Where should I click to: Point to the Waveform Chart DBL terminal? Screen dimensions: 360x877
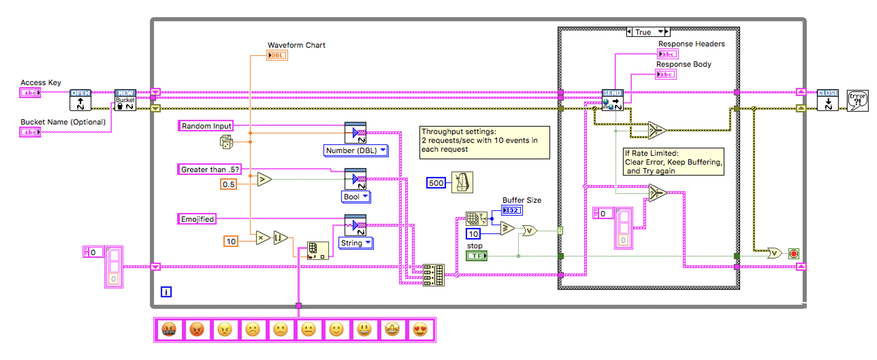point(277,55)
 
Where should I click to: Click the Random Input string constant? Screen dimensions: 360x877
point(205,125)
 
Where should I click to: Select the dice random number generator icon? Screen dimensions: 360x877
point(225,142)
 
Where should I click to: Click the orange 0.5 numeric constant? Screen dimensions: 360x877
point(228,184)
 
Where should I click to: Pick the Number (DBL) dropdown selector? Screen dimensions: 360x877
point(355,150)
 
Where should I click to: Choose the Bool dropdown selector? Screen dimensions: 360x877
point(355,197)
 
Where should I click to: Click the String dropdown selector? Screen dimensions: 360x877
point(355,242)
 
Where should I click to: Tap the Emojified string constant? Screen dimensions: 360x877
point(197,218)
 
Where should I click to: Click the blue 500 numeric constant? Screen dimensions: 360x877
point(436,182)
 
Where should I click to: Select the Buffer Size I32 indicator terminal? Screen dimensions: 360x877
point(511,210)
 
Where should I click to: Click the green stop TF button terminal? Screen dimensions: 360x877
point(477,255)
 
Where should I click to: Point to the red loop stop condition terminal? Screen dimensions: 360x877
point(793,254)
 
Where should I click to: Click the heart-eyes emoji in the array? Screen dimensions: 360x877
point(419,330)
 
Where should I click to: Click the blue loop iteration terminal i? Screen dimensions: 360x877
point(166,292)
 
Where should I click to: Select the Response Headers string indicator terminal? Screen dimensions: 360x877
point(667,54)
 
